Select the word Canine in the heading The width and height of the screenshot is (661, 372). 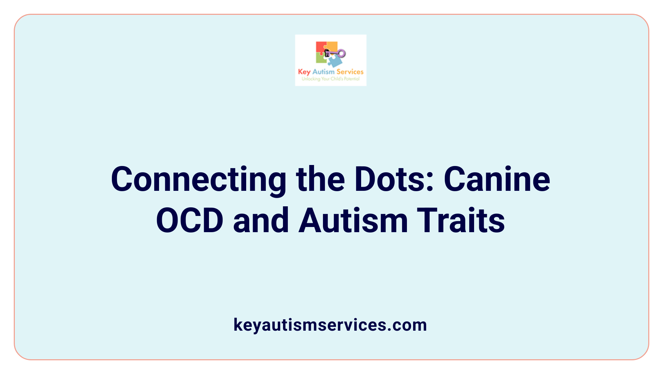point(497,180)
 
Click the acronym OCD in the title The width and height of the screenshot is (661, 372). point(190,221)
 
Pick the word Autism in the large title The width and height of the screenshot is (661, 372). point(353,221)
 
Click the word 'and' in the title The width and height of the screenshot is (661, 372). point(261,221)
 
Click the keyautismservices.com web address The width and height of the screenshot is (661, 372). point(330,325)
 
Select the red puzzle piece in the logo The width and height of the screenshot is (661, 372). point(321,48)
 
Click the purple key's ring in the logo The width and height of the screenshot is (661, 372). point(342,53)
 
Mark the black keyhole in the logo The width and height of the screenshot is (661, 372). point(327,53)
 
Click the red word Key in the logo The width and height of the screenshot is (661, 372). point(304,72)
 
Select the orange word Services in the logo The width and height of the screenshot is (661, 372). point(350,72)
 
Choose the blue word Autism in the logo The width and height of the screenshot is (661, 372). point(323,72)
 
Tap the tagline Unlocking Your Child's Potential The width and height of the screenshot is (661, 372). point(330,79)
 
